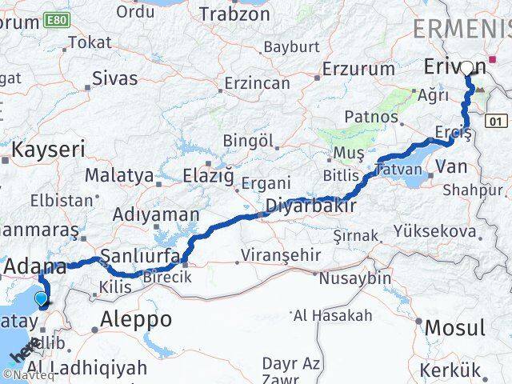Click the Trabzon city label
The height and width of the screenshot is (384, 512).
[234, 14]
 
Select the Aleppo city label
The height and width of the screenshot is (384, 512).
[136, 320]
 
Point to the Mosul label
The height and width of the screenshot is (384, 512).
[454, 327]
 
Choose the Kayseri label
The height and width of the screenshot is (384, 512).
[48, 150]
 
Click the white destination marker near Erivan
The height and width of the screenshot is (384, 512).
[468, 67]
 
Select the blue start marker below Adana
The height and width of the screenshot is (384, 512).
[42, 300]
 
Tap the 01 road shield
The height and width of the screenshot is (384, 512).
[497, 120]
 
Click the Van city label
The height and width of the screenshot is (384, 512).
[452, 168]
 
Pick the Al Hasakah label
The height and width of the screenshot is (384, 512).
[333, 315]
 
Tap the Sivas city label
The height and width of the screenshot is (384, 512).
[114, 78]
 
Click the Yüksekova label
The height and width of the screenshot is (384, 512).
[435, 232]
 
